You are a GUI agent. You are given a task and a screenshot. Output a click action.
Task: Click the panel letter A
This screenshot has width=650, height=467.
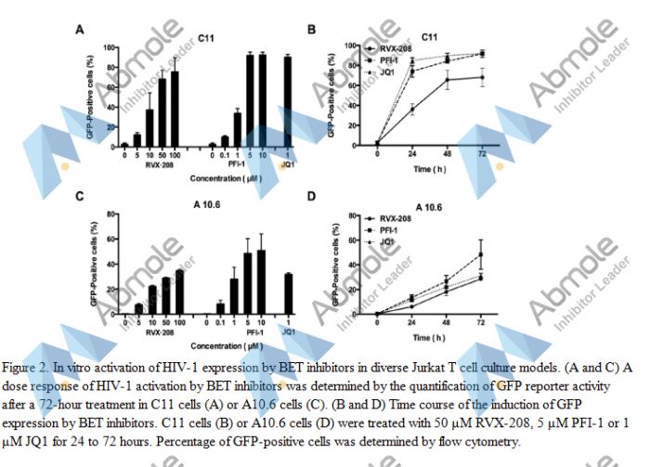point(80,31)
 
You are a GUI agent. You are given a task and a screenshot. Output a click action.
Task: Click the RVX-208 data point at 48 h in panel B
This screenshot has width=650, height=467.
point(448,80)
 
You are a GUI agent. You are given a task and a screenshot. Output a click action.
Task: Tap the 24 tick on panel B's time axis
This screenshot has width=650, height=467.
point(412,152)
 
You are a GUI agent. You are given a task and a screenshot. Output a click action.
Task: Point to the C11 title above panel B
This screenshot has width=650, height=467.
point(429,36)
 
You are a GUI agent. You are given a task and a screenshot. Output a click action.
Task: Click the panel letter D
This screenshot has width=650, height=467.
point(312,197)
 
